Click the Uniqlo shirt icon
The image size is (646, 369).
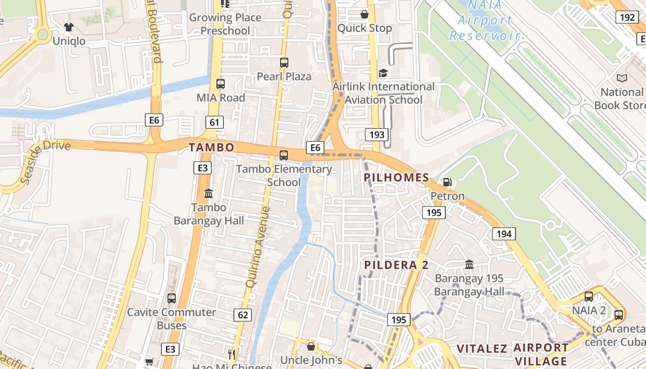click(69, 27)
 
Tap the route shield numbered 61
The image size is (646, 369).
click(214, 122)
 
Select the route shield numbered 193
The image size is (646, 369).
click(377, 135)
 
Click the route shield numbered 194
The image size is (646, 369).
click(504, 234)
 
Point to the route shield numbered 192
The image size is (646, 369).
click(627, 18)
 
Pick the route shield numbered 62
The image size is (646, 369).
click(243, 315)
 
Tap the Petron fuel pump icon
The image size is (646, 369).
click(447, 182)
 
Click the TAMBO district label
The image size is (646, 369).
click(211, 147)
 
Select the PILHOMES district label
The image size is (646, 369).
click(396, 178)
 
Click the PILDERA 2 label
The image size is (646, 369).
click(396, 265)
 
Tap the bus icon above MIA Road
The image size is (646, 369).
click(221, 84)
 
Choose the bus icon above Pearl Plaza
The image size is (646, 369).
click(284, 63)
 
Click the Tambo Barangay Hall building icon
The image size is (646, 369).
click(209, 193)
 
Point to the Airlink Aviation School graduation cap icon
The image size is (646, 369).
click(383, 73)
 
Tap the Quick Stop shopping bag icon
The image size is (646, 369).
click(365, 14)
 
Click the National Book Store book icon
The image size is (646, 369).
click(622, 78)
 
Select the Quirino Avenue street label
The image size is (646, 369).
click(258, 247)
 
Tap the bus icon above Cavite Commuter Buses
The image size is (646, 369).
click(172, 298)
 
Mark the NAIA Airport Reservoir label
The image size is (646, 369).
click(484, 21)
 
